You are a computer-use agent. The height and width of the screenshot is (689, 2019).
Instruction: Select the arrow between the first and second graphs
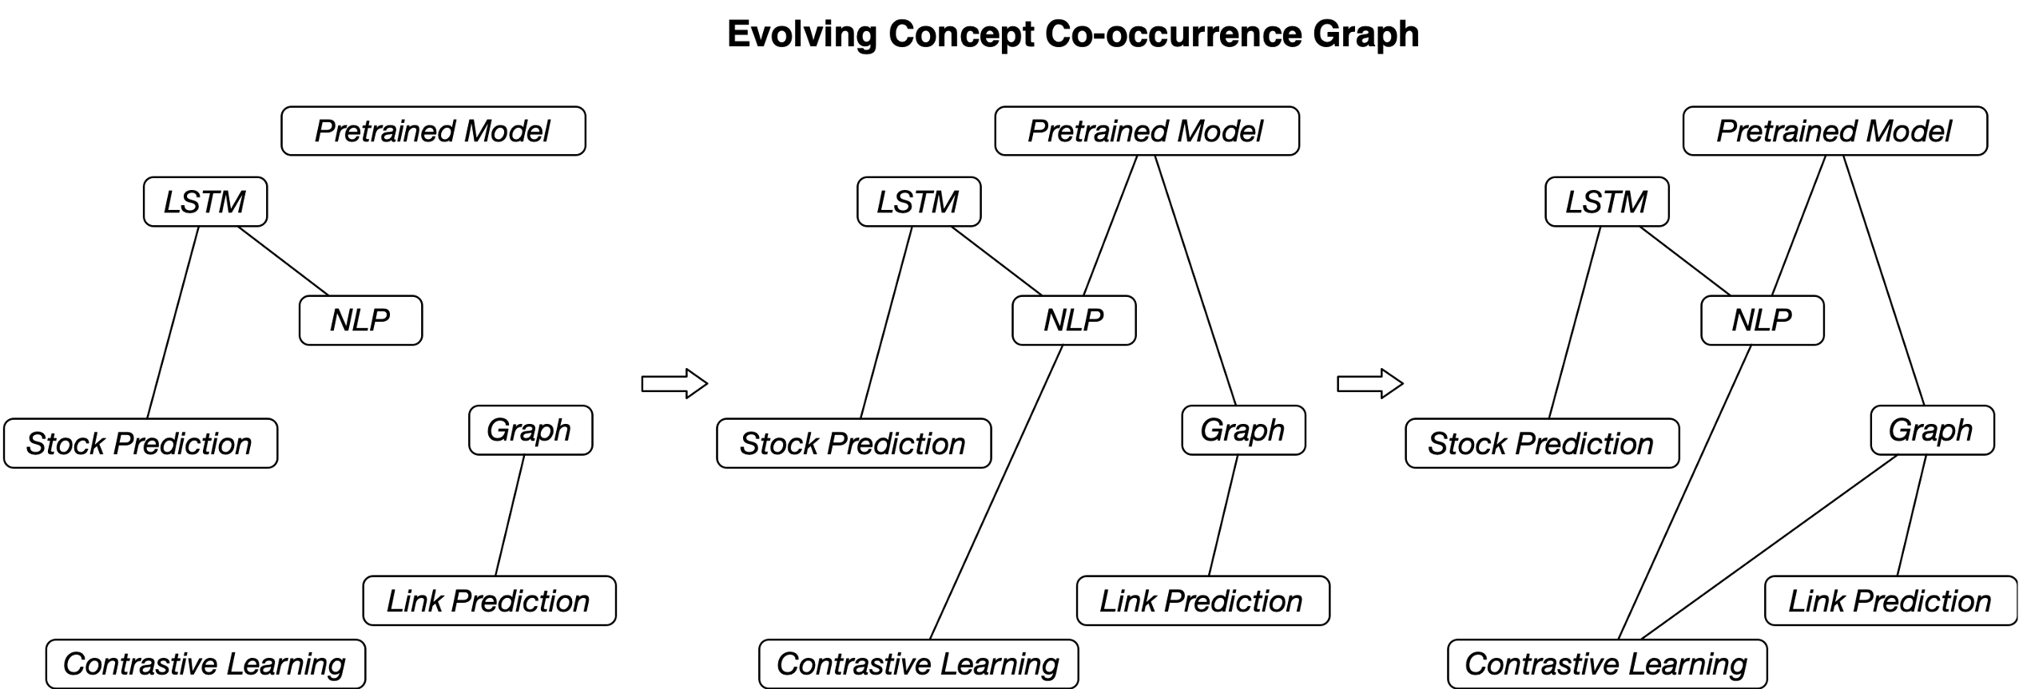tap(674, 383)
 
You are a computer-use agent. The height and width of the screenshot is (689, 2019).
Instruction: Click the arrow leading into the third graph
tap(1370, 383)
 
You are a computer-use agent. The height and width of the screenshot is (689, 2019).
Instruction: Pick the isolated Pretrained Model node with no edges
tap(433, 131)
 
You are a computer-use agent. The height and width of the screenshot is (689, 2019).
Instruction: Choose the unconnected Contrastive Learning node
tap(205, 663)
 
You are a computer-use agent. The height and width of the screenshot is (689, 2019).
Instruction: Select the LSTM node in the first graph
tap(205, 202)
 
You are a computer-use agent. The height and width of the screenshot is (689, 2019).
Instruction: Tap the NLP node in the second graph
tap(1074, 320)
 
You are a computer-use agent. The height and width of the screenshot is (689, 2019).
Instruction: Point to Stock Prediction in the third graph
tap(1542, 443)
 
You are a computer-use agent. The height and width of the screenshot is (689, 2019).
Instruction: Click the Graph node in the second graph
tap(1243, 430)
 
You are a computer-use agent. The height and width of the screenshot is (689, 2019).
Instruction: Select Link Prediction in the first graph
tap(489, 600)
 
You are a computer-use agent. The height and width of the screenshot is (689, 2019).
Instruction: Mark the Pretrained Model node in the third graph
tap(1834, 131)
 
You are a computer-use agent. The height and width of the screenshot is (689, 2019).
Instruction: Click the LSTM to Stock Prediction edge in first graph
tap(173, 323)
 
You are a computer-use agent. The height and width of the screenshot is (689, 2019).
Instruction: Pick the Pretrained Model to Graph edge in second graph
tap(1194, 280)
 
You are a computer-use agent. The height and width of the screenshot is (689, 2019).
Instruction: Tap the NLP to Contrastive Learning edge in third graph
tap(1684, 492)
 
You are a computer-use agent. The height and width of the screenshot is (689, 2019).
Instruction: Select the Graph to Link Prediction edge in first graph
tap(510, 515)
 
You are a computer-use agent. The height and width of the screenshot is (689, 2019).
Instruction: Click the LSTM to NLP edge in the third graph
tap(1685, 261)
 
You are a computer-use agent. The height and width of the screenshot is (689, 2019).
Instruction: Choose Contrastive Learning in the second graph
tap(918, 663)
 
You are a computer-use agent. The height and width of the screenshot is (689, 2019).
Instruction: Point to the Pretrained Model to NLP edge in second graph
tap(1110, 225)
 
